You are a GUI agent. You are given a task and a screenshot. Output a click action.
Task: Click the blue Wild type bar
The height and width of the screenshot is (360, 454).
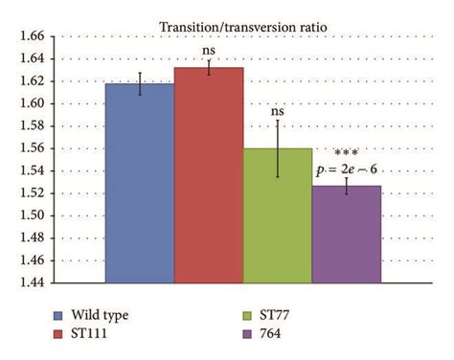coord(140,182)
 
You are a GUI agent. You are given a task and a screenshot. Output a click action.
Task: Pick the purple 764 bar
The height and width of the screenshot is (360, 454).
coord(347,234)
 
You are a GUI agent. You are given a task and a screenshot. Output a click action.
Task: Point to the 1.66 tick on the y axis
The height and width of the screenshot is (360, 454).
coord(31,36)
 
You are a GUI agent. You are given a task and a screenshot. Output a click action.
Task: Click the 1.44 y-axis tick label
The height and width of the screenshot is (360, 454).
coord(31,282)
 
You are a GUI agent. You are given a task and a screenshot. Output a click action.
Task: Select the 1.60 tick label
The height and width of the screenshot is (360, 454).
coord(31,103)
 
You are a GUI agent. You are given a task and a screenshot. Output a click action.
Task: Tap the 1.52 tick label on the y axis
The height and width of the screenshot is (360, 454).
coord(31,193)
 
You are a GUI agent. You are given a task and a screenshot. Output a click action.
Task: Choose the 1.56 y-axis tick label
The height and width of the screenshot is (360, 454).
coord(31,148)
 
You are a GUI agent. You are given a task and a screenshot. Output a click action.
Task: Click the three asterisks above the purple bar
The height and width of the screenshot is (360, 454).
coord(347,153)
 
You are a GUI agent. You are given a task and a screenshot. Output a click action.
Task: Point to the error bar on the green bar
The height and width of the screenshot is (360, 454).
coord(278,148)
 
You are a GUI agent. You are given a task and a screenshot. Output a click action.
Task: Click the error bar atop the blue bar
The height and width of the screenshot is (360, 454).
coord(140,83)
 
